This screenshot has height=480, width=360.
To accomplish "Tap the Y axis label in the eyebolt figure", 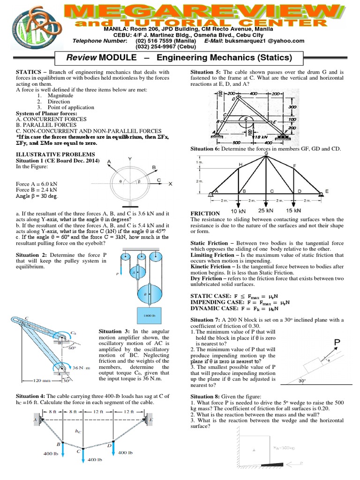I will point(129,158).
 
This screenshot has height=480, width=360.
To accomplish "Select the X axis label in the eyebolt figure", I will point(170,183).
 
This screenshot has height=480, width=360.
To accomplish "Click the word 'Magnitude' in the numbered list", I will point(60,95).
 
